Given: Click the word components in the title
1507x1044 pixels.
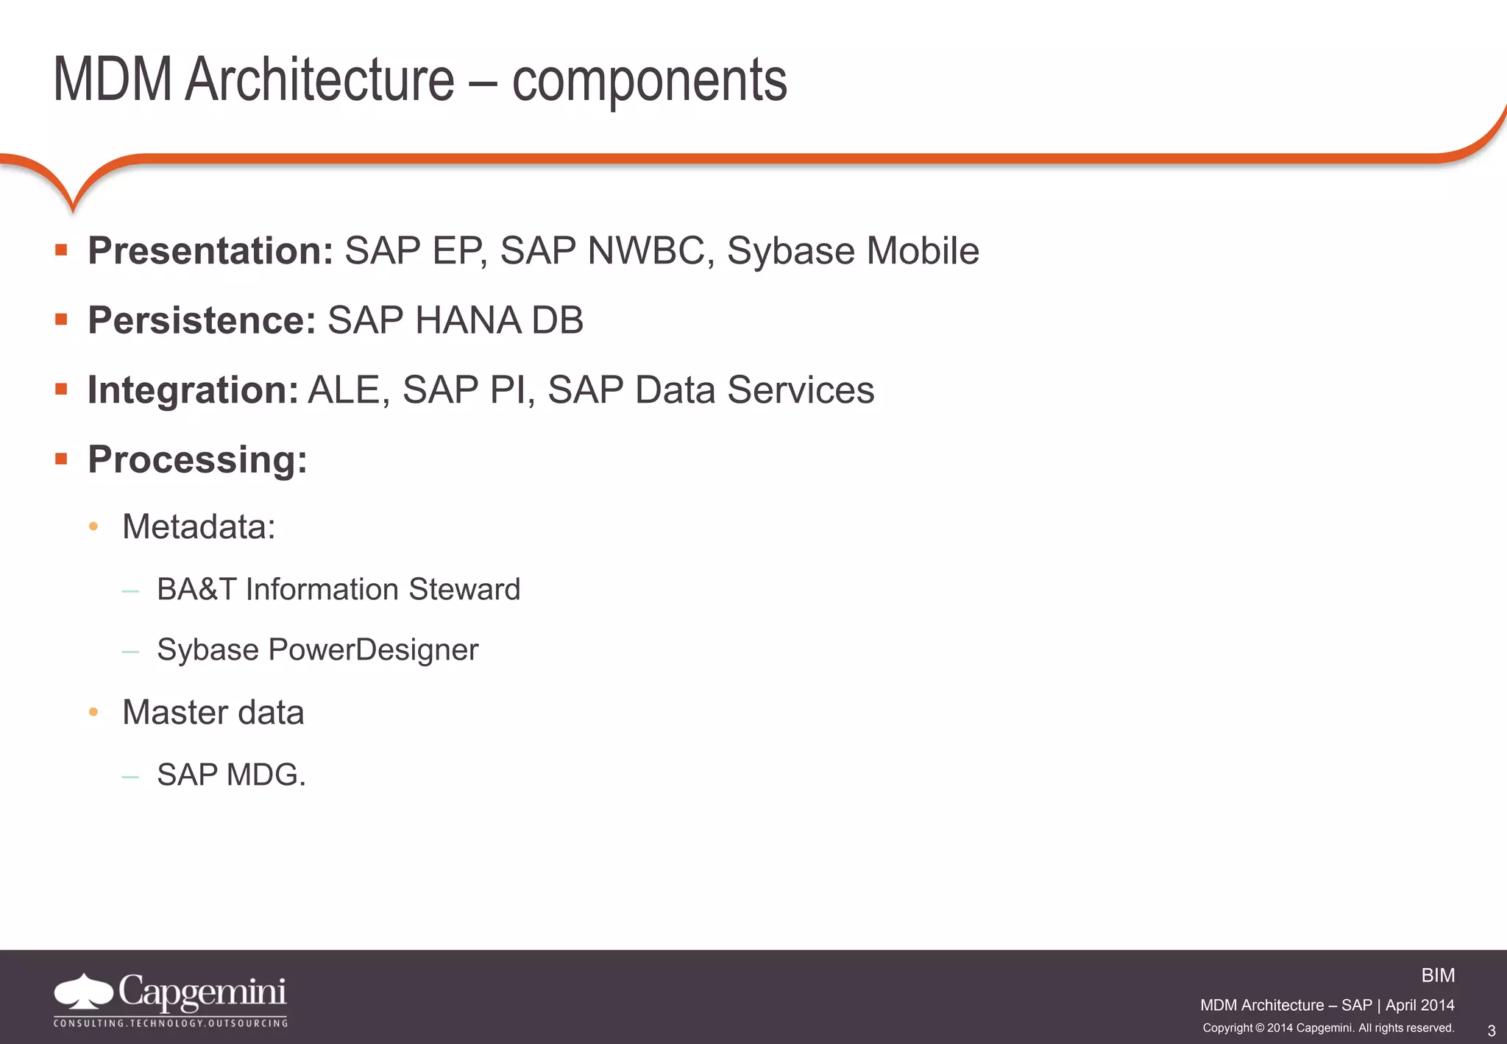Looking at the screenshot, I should click(x=649, y=81).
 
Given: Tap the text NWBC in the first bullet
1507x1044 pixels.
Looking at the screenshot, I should click(x=646, y=251).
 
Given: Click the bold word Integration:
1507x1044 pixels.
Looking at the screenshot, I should click(x=193, y=389).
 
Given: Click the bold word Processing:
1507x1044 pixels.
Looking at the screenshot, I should click(x=197, y=459).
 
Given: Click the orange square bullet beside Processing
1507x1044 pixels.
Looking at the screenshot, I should click(x=61, y=459).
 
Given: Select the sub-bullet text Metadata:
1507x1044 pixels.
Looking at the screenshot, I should click(x=199, y=527).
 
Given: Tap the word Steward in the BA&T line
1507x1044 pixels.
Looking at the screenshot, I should click(x=464, y=590).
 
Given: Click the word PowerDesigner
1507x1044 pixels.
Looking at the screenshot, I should click(x=373, y=650).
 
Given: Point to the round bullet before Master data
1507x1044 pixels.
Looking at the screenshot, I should click(x=93, y=712).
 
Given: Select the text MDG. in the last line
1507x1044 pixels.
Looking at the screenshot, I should click(x=266, y=775).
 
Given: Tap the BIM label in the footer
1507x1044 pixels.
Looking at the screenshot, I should click(x=1437, y=976).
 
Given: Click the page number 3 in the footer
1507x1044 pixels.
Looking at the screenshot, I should click(x=1491, y=1031).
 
